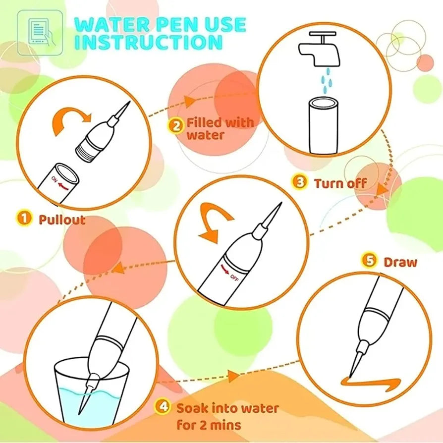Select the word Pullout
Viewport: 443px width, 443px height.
62,219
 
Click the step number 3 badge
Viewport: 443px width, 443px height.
300,182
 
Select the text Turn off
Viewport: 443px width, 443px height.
340,183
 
